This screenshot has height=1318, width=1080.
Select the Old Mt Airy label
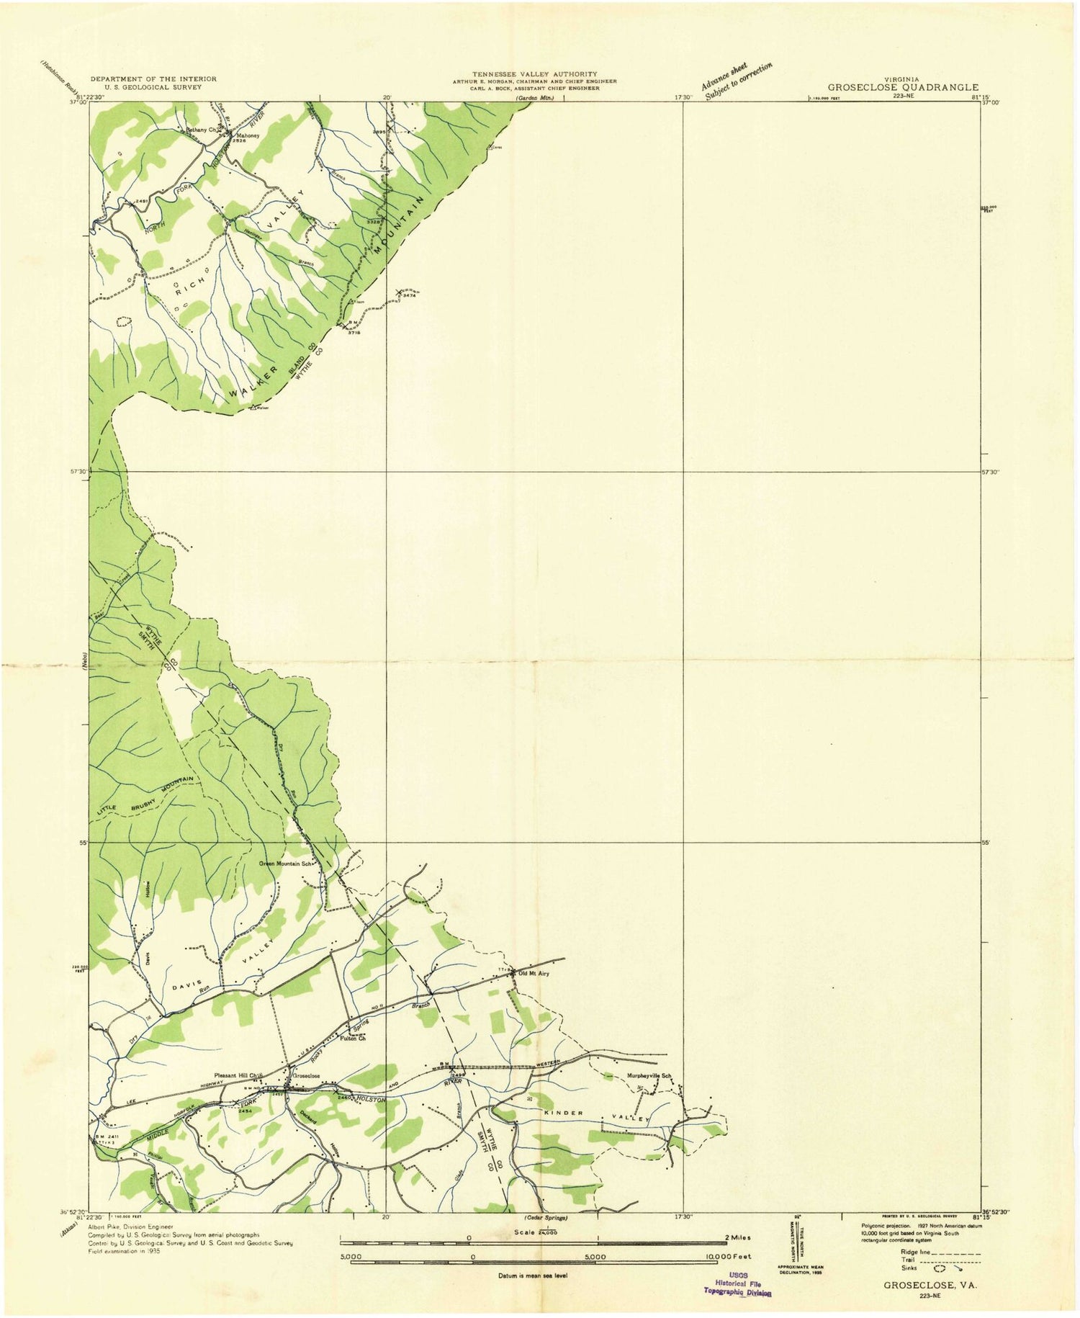click(x=533, y=973)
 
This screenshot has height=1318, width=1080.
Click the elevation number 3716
click(x=354, y=332)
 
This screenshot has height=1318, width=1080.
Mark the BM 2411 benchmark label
click(x=107, y=1137)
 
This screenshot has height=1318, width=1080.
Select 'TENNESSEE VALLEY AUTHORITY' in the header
click(x=534, y=74)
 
